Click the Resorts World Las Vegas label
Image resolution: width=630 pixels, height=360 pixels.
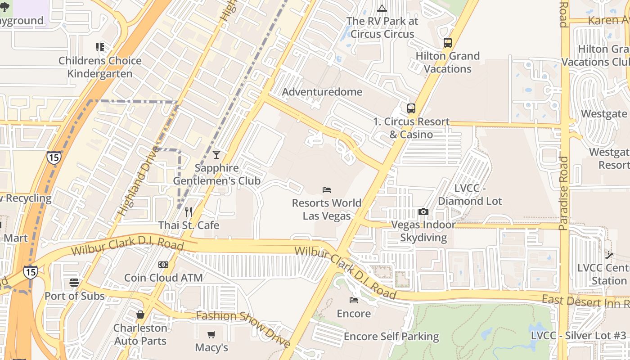[326, 209]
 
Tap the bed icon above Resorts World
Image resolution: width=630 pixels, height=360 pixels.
[327, 190]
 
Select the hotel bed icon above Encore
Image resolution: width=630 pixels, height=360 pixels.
[354, 300]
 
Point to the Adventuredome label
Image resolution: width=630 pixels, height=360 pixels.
[322, 92]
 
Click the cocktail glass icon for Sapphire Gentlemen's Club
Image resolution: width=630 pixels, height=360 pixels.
[216, 155]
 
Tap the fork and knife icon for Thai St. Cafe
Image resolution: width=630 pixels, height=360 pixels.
[189, 212]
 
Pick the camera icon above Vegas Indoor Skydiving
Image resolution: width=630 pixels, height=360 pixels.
[423, 211]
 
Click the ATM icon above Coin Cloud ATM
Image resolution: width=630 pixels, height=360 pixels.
[163, 265]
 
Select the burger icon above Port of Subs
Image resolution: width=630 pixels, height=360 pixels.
[74, 283]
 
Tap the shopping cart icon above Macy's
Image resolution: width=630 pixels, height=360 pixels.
[211, 334]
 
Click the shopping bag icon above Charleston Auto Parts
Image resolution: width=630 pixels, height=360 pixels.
[140, 315]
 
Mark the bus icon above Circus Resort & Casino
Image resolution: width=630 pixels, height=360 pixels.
[411, 108]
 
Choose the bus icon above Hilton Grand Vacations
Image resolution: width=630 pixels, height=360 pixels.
[447, 43]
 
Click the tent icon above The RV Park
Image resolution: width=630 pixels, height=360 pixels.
[382, 8]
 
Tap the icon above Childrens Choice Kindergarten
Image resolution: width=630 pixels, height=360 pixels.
[99, 47]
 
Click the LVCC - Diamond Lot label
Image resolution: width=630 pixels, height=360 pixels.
[470, 195]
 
